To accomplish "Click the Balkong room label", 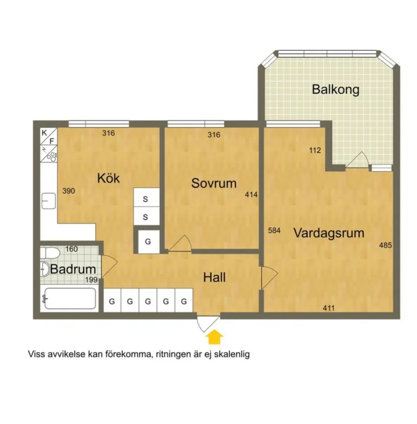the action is pyautogui.click(x=336, y=90).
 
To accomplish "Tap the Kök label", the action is pyautogui.click(x=108, y=178).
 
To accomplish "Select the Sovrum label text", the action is pyautogui.click(x=214, y=183).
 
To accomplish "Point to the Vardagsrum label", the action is pyautogui.click(x=329, y=233).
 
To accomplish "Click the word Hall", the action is pyautogui.click(x=214, y=277).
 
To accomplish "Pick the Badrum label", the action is pyautogui.click(x=73, y=269).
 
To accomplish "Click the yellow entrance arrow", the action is pyautogui.click(x=215, y=337).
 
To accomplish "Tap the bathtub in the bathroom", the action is pyautogui.click(x=70, y=298).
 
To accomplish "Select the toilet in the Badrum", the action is pyautogui.click(x=50, y=253).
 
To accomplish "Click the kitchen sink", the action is pyautogui.click(x=49, y=201).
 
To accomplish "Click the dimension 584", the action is pyautogui.click(x=274, y=231).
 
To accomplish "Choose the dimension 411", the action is pyautogui.click(x=329, y=308).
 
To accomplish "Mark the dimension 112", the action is pyautogui.click(x=315, y=150).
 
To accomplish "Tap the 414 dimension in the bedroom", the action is pyautogui.click(x=251, y=194).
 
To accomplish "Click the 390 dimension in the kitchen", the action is pyautogui.click(x=69, y=191).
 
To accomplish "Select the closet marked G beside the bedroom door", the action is pyautogui.click(x=148, y=241).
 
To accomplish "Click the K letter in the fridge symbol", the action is pyautogui.click(x=44, y=133).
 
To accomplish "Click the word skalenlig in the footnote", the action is pyautogui.click(x=232, y=354).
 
